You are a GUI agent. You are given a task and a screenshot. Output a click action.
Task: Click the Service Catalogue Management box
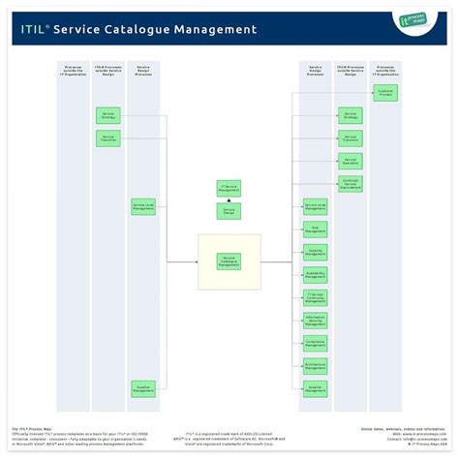pos(229,261)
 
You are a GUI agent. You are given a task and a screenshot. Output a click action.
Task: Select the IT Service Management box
pos(229,188)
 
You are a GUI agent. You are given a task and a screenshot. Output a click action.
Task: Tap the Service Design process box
pos(229,211)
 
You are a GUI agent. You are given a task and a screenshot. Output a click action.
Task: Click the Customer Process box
pos(384,94)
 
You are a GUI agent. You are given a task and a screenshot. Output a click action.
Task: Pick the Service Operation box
pos(351,161)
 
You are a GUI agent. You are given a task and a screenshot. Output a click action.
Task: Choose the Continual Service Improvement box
pos(351,184)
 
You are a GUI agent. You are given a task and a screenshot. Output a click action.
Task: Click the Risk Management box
pos(315,229)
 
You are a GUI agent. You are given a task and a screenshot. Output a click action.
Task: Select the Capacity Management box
pos(315,252)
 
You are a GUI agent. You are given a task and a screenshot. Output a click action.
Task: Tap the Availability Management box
pos(315,274)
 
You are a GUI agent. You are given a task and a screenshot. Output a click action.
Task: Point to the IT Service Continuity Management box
pos(315,297)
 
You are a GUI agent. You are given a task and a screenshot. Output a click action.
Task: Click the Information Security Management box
pos(315,321)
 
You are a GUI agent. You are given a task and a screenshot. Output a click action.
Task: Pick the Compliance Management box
pos(315,343)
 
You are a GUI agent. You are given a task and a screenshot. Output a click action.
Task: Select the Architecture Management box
pos(315,366)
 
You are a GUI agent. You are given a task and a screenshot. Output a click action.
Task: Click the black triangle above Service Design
pos(229,200)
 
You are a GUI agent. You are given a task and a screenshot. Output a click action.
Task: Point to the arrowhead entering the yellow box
pos(197,261)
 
